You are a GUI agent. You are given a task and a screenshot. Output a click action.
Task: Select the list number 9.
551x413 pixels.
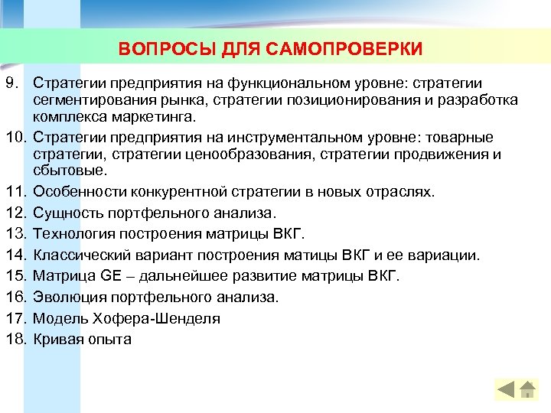[11, 82]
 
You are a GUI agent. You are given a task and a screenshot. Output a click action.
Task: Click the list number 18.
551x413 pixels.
[15, 339]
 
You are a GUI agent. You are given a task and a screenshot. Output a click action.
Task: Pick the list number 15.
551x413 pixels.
[15, 275]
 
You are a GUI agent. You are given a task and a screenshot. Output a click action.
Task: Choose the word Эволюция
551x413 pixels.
[70, 296]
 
